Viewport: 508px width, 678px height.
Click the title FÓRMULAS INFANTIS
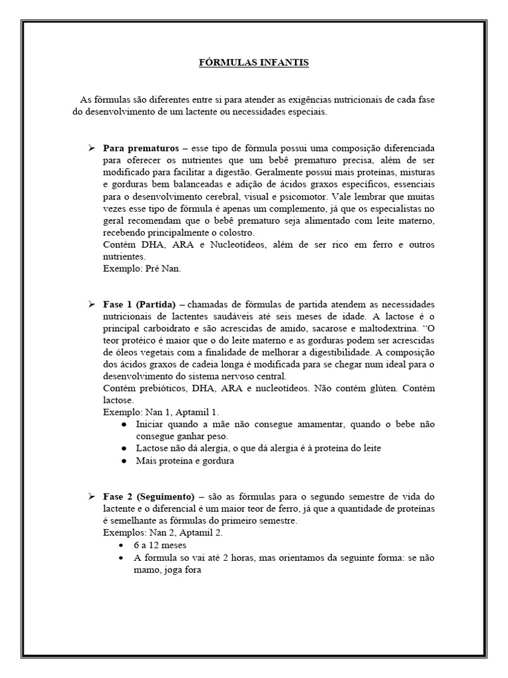point(254,63)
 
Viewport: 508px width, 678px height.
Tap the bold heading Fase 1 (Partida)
point(139,305)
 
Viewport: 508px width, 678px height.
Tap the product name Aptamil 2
point(203,533)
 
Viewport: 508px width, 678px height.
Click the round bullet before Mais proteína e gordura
point(124,461)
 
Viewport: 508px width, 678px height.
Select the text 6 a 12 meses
point(160,545)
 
